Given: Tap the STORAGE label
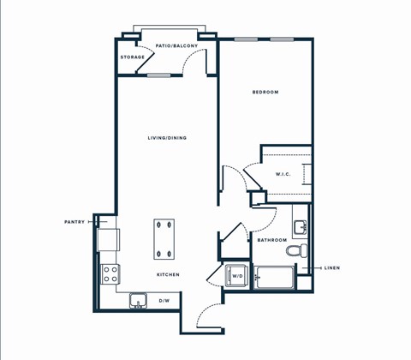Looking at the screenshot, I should [x=132, y=57].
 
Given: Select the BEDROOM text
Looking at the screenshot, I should [x=265, y=92].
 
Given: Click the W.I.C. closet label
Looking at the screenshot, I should [x=283, y=175].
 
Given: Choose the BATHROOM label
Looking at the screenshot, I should [x=271, y=241].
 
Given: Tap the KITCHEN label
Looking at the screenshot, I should [x=167, y=274].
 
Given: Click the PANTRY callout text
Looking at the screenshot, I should [x=74, y=222].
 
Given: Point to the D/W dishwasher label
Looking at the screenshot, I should [x=164, y=301].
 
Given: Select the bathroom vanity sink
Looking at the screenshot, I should [x=301, y=227].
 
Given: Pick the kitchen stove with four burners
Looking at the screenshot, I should [x=110, y=273].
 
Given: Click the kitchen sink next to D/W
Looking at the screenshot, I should [x=137, y=300].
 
